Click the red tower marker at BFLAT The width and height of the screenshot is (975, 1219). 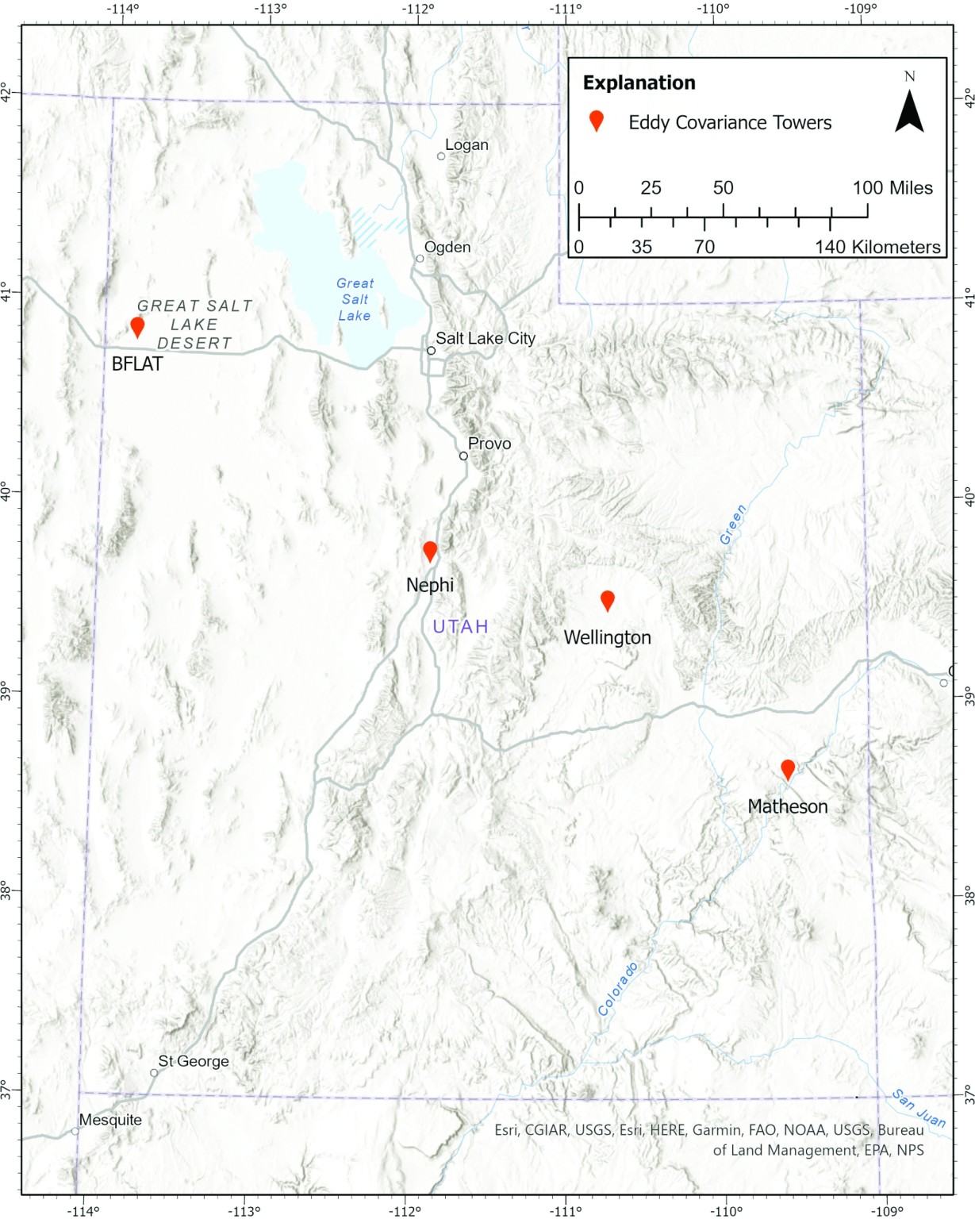(137, 326)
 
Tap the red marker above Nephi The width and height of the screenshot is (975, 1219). (430, 551)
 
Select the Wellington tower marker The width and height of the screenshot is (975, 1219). (608, 600)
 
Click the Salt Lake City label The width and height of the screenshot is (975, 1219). (485, 338)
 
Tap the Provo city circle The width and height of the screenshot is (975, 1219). (463, 456)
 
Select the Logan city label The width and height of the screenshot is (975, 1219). (466, 145)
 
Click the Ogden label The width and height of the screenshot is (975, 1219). (447, 247)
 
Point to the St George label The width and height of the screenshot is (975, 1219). (194, 1061)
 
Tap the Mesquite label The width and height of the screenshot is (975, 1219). (110, 1120)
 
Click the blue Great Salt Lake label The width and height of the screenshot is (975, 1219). (355, 299)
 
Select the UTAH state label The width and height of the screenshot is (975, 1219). (460, 627)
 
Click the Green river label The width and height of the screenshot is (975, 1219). (733, 525)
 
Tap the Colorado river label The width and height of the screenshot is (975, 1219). (618, 989)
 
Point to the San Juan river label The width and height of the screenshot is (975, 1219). (919, 1108)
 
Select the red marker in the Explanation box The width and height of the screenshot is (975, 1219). (596, 121)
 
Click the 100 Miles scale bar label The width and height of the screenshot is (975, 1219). (892, 188)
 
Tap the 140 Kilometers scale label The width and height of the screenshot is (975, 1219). (877, 247)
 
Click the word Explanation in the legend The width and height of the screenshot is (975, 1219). (639, 83)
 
